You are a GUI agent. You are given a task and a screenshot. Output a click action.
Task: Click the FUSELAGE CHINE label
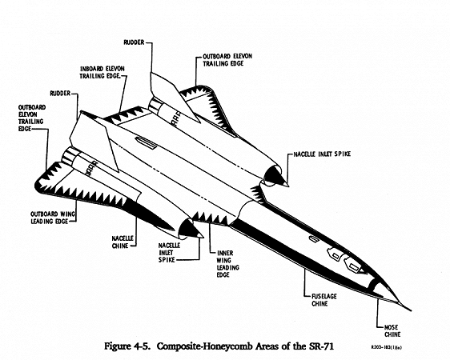click(x=324, y=300)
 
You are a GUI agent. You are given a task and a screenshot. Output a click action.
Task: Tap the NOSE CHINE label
click(x=392, y=330)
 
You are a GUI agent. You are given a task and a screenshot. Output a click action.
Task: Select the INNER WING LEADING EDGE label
click(x=228, y=264)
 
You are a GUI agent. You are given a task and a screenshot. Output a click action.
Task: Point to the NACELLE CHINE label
click(x=123, y=242)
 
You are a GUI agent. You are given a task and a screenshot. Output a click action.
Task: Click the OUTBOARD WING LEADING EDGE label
click(x=53, y=218)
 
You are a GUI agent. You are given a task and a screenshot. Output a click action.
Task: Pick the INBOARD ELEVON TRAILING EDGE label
click(x=102, y=72)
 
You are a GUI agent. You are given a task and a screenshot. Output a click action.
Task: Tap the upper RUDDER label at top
click(x=134, y=42)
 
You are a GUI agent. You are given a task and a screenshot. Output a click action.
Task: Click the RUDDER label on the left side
click(x=60, y=94)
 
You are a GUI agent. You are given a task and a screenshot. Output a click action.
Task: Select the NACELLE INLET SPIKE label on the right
click(x=322, y=154)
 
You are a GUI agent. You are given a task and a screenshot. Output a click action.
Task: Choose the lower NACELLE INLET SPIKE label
click(x=169, y=253)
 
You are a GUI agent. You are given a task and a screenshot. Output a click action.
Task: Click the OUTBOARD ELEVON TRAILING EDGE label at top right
click(x=227, y=60)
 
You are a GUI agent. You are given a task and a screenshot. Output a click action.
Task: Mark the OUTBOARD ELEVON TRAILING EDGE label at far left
click(x=32, y=118)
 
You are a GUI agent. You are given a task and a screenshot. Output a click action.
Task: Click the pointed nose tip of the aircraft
click(x=410, y=310)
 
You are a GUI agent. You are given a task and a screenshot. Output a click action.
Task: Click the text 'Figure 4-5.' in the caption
click(x=127, y=346)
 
